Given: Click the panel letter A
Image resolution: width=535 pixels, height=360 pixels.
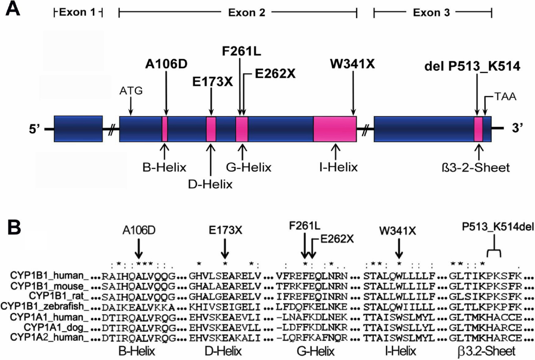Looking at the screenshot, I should pyautogui.click(x=14, y=9).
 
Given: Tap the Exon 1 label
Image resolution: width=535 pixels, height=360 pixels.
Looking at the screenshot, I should pyautogui.click(x=78, y=12).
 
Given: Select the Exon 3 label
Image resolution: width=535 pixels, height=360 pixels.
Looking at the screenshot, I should pyautogui.click(x=432, y=12).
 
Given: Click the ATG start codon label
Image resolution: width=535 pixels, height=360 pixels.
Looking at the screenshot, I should pyautogui.click(x=131, y=91).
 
